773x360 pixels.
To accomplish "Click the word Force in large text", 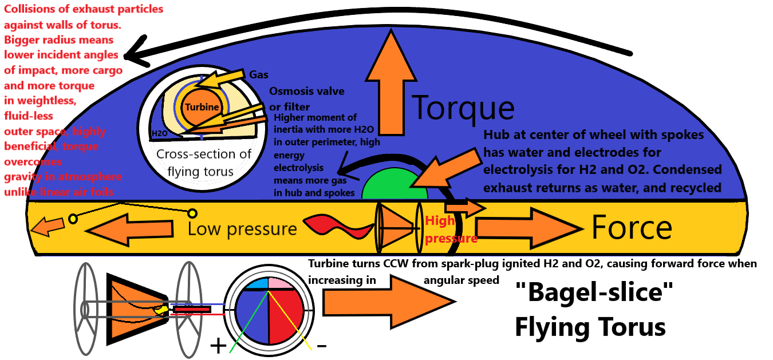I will (632, 228).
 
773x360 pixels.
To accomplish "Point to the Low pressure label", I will (242, 230).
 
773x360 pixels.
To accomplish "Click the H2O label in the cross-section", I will (159, 134).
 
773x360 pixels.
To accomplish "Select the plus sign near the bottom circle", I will (218, 346).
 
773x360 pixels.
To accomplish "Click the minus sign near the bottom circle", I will (322, 346).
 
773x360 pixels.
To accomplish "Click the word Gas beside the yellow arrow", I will (258, 74).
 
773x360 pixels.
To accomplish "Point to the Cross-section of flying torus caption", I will (204, 163).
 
